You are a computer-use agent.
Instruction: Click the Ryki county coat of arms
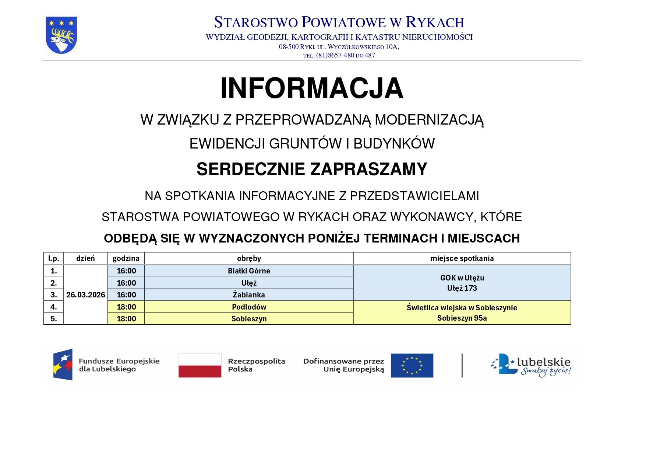coord(61,35)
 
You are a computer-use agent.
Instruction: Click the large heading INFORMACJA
coord(312,88)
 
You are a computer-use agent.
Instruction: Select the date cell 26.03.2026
coord(85,295)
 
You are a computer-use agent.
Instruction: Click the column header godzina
coord(126,258)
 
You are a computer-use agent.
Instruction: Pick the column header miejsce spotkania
coord(462,258)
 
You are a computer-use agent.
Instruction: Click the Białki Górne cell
coord(249,271)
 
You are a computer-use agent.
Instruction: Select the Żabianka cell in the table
coord(249,295)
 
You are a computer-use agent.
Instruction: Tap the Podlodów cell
coord(249,307)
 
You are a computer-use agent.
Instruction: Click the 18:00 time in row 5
coord(126,319)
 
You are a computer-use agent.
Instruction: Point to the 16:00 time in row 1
coord(126,271)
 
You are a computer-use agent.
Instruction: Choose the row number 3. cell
coord(54,295)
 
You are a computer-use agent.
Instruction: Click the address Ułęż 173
coord(462,288)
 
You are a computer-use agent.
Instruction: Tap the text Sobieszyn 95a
coord(462,318)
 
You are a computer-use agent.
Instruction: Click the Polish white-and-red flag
coord(200,365)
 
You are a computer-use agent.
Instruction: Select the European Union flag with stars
coord(412,365)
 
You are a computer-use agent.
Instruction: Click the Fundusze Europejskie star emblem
coord(63,364)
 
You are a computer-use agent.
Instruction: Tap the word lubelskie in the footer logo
coord(544,362)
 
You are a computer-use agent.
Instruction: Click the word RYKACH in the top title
coord(435,22)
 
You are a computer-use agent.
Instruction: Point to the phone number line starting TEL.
coord(339,55)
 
